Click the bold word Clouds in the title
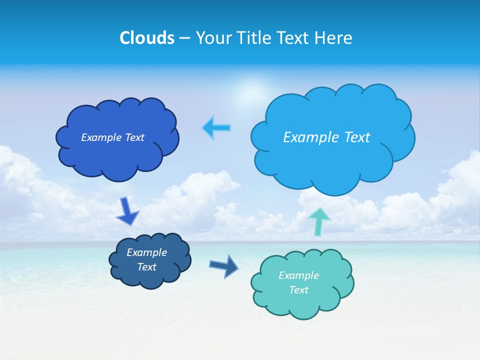click(x=146, y=38)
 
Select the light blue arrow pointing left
click(x=216, y=128)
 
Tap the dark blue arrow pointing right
click(x=223, y=266)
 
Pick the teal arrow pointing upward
click(x=319, y=220)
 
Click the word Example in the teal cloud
click(x=298, y=275)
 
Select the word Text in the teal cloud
click(x=298, y=290)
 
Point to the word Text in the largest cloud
click(x=356, y=137)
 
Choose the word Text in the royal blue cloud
click(x=134, y=137)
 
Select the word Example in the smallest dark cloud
click(x=146, y=252)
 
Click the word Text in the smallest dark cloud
click(x=146, y=267)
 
